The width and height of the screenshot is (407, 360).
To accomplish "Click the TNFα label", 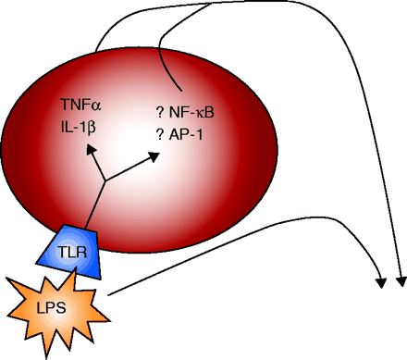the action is (x=80, y=105).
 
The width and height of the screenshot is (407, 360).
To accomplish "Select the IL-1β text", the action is (x=79, y=127).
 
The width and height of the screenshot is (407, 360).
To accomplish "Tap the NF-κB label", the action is (x=191, y=113).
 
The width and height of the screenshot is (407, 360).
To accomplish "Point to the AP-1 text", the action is (x=186, y=134).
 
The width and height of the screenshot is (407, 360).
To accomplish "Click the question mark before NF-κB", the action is (x=160, y=113).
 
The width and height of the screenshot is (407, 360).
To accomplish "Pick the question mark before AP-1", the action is (x=160, y=134).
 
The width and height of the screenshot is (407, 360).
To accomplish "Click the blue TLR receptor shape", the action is (x=70, y=252).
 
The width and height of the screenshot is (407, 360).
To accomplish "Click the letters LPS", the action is (x=51, y=308).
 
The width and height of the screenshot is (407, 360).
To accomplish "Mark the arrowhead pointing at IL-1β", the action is (x=92, y=149).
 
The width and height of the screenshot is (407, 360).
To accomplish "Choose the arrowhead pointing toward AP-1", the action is (x=154, y=156).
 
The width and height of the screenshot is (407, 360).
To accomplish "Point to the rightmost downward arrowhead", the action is (x=401, y=281).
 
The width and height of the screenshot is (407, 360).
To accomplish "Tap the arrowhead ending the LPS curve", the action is (x=382, y=283).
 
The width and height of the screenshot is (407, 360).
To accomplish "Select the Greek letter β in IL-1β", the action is (x=92, y=128).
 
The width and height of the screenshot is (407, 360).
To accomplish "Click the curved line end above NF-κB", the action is (x=181, y=91).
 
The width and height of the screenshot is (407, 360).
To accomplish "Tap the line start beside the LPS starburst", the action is (x=108, y=295).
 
